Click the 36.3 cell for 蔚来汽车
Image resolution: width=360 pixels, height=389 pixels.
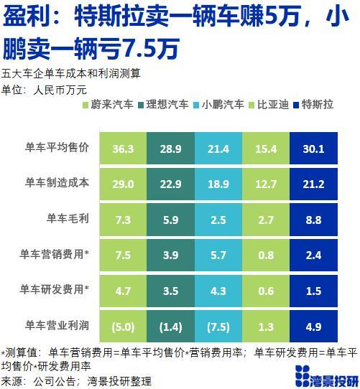click(123, 149)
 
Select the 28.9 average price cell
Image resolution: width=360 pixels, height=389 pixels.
click(171, 149)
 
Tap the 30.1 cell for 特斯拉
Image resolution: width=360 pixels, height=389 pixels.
click(315, 149)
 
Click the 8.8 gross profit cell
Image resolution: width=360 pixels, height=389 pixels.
click(315, 220)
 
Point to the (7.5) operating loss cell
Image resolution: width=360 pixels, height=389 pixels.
click(218, 327)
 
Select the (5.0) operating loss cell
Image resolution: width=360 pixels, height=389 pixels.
click(123, 327)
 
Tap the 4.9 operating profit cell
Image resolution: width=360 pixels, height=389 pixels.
click(315, 327)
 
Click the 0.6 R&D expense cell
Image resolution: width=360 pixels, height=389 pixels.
click(267, 291)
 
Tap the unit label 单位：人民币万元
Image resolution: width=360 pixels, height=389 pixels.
click(44, 88)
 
